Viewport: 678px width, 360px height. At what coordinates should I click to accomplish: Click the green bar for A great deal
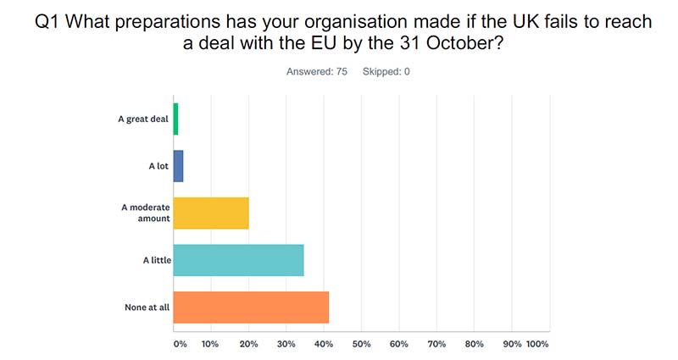(x=175, y=119)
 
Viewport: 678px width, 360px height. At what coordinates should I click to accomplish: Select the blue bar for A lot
(x=178, y=166)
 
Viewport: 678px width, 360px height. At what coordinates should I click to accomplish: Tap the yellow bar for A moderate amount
(x=211, y=213)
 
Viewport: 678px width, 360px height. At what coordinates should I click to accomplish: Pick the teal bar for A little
(x=238, y=259)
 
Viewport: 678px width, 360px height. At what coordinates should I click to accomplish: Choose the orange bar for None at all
(x=251, y=306)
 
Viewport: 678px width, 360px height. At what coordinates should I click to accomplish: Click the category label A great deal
(x=143, y=119)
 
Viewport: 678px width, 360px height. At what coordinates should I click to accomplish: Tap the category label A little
(x=156, y=259)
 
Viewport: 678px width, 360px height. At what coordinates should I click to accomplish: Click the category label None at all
(x=147, y=306)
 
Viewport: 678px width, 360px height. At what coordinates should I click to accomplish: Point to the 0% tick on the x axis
(x=180, y=344)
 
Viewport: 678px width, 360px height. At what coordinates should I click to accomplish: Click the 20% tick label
(x=248, y=344)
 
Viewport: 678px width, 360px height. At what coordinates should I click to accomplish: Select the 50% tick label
(x=362, y=344)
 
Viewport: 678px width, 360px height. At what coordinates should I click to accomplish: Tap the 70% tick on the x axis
(x=436, y=344)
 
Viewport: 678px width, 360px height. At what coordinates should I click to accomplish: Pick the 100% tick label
(x=537, y=344)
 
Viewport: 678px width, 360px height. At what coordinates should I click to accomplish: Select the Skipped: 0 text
(x=386, y=71)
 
